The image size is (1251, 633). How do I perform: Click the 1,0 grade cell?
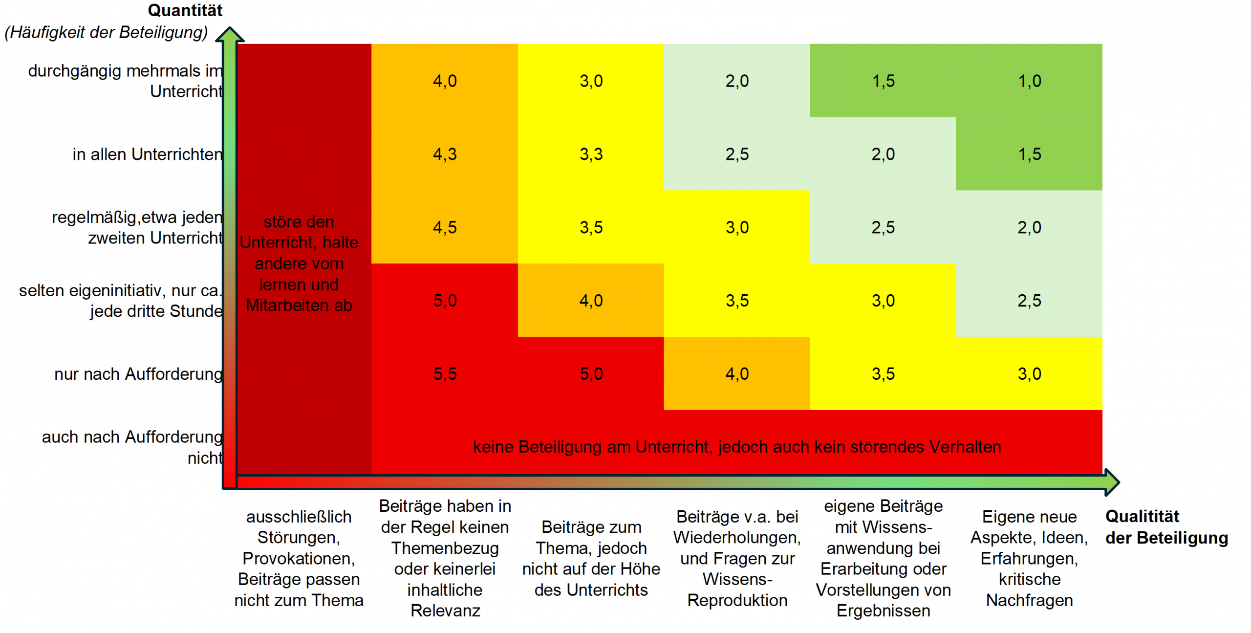[1029, 81]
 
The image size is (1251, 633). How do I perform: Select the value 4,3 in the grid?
[445, 154]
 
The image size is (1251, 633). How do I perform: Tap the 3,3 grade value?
[591, 154]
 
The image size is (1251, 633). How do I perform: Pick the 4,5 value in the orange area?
[445, 227]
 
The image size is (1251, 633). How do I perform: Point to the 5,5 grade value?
[445, 374]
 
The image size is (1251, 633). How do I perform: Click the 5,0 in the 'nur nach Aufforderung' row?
[591, 374]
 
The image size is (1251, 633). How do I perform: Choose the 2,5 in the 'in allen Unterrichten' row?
[737, 154]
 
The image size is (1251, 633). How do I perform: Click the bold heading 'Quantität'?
[185, 10]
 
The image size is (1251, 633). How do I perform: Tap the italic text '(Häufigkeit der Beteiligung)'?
[106, 32]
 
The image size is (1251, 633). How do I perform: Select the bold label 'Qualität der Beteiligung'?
[1166, 527]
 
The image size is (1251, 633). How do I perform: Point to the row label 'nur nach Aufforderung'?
[139, 374]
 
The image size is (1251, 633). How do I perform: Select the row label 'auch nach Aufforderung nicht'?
[132, 447]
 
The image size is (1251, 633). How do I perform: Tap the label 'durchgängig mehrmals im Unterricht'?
[126, 81]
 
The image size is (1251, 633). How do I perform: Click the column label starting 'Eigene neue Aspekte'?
[1029, 558]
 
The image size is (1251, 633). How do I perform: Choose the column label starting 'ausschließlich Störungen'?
[299, 558]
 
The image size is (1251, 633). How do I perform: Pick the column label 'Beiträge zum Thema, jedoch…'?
[591, 558]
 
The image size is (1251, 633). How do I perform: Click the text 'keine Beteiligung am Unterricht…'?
[737, 447]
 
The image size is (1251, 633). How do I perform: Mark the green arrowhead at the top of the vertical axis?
[230, 35]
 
